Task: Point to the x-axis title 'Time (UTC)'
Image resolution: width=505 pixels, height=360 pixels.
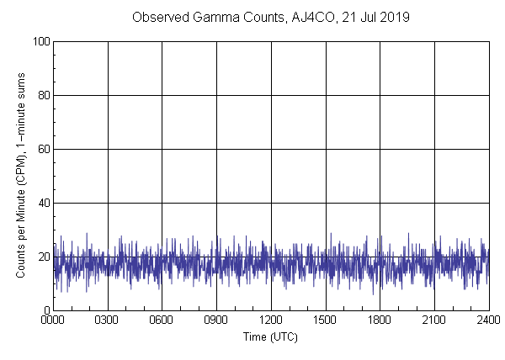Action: (270, 336)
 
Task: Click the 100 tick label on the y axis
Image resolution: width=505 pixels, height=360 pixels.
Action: (40, 41)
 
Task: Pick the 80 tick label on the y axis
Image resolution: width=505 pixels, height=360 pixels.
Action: (42, 95)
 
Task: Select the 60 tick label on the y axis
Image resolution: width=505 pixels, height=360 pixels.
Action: (42, 149)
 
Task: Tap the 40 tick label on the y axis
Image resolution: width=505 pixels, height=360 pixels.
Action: (42, 203)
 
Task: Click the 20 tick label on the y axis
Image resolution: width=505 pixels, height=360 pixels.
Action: (42, 257)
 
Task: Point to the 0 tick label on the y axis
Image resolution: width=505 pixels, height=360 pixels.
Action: (45, 310)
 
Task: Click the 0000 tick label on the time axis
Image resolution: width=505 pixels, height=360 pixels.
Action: (54, 320)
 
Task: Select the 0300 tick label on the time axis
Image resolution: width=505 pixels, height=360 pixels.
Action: (108, 320)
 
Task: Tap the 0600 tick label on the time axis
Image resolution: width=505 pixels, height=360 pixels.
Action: (162, 320)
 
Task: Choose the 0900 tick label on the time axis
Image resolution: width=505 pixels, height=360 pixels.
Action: (216, 320)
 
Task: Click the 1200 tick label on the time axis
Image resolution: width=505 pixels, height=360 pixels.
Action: (271, 320)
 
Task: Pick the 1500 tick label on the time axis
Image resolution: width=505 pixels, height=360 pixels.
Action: (325, 320)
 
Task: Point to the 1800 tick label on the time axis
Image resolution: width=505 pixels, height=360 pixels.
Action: (380, 320)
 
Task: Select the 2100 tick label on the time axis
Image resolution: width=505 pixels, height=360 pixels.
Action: (433, 320)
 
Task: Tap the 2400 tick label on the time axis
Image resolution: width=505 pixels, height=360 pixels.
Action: (487, 320)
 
